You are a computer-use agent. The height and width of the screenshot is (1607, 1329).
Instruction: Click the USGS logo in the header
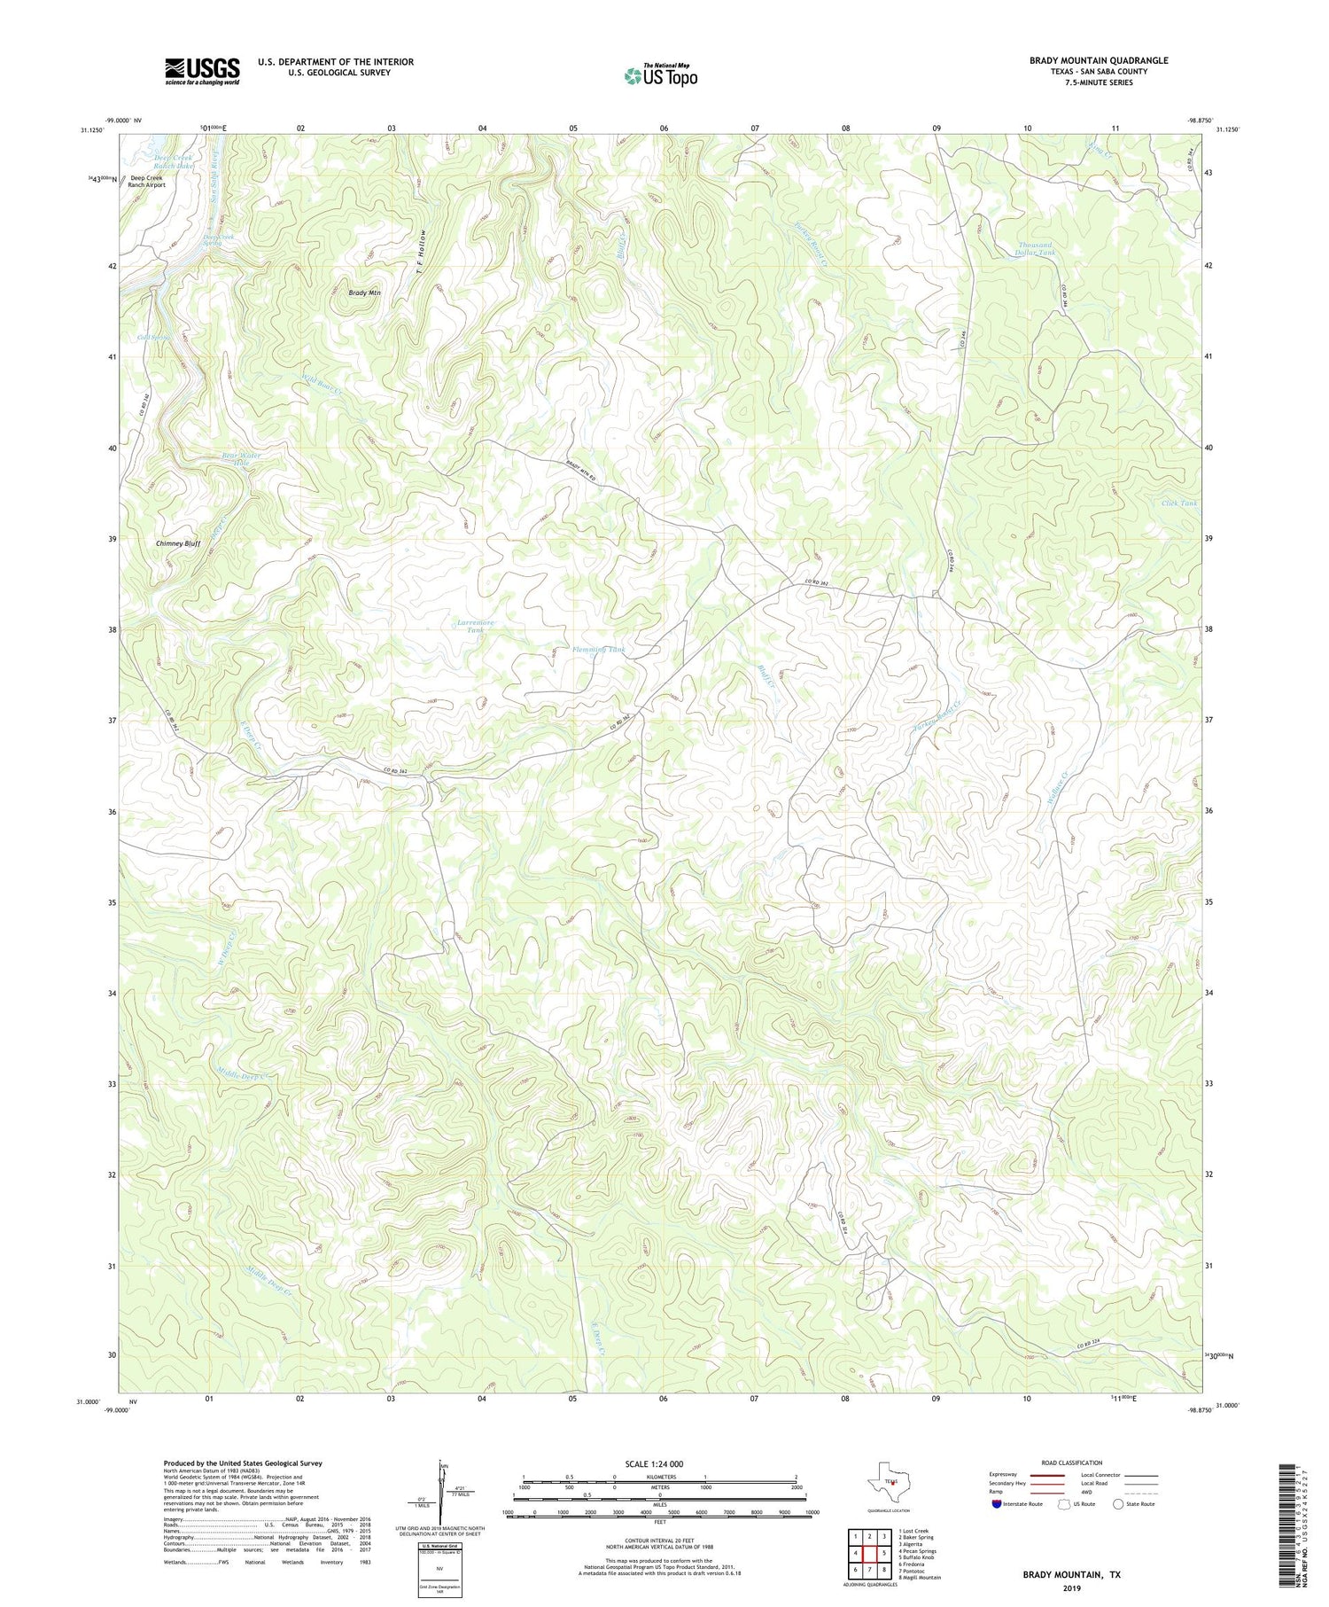click(x=202, y=71)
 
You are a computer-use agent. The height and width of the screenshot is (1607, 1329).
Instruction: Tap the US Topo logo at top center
click(x=660, y=76)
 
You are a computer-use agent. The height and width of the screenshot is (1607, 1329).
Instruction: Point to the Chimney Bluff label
click(x=178, y=543)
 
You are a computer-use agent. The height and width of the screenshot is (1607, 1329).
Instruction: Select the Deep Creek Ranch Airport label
click(x=147, y=181)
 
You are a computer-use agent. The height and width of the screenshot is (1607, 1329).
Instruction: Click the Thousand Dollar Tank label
click(x=1035, y=249)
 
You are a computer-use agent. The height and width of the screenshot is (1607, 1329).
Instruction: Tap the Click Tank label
click(x=1178, y=503)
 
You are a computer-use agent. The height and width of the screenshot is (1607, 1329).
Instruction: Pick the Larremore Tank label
click(x=476, y=627)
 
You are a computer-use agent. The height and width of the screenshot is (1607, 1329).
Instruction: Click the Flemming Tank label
click(x=599, y=650)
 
